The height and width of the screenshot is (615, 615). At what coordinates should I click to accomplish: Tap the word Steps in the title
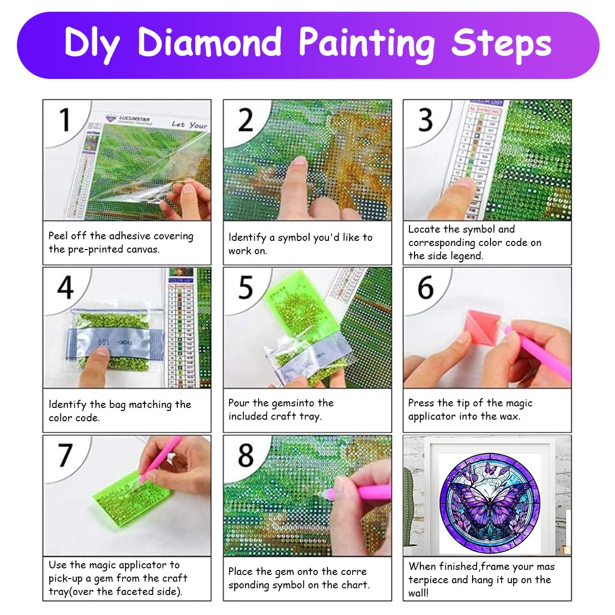coord(501,44)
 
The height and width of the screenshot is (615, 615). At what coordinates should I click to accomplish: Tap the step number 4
coord(65,288)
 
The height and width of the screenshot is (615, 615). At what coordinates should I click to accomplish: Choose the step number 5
coord(245,288)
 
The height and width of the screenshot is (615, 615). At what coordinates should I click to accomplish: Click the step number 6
coord(425,288)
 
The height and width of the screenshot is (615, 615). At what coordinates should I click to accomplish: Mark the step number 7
coord(65,455)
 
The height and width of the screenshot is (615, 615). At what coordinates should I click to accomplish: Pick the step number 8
coord(245,455)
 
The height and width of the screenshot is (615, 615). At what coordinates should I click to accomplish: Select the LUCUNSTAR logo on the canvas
coord(128,120)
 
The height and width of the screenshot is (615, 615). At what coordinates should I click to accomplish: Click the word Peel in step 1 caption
coord(58,236)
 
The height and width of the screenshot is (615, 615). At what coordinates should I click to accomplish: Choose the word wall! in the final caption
coord(419,593)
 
